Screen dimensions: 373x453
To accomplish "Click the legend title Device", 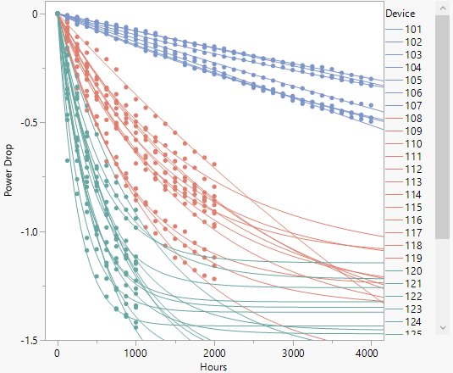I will click(x=401, y=14).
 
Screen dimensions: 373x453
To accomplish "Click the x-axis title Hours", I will click(x=212, y=366).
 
